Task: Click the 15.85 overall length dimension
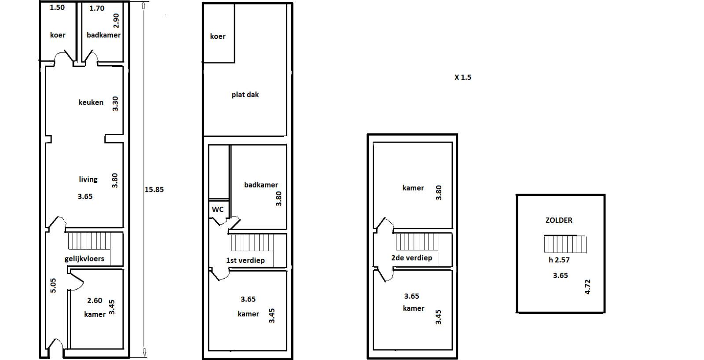pyautogui.click(x=154, y=190)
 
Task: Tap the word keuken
pyautogui.click(x=91, y=102)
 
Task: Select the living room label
pyautogui.click(x=88, y=179)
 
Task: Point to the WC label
pyautogui.click(x=217, y=209)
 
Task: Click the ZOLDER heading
pyautogui.click(x=559, y=220)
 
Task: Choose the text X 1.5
pyautogui.click(x=463, y=77)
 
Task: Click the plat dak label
pyautogui.click(x=245, y=95)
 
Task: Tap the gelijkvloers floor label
pyautogui.click(x=84, y=259)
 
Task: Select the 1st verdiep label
pyautogui.click(x=246, y=261)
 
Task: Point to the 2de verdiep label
pyautogui.click(x=412, y=258)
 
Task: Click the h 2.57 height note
pyautogui.click(x=559, y=260)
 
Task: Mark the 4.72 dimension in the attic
pyautogui.click(x=587, y=287)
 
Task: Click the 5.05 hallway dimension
pyautogui.click(x=53, y=286)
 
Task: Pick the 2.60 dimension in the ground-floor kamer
pyautogui.click(x=95, y=301)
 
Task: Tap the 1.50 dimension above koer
pyautogui.click(x=57, y=7)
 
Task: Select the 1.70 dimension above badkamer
pyautogui.click(x=97, y=8)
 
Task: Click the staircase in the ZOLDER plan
pyautogui.click(x=565, y=244)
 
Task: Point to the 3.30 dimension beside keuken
pyautogui.click(x=115, y=103)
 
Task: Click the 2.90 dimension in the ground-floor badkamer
pyautogui.click(x=116, y=21)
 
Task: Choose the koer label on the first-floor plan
pyautogui.click(x=218, y=37)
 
